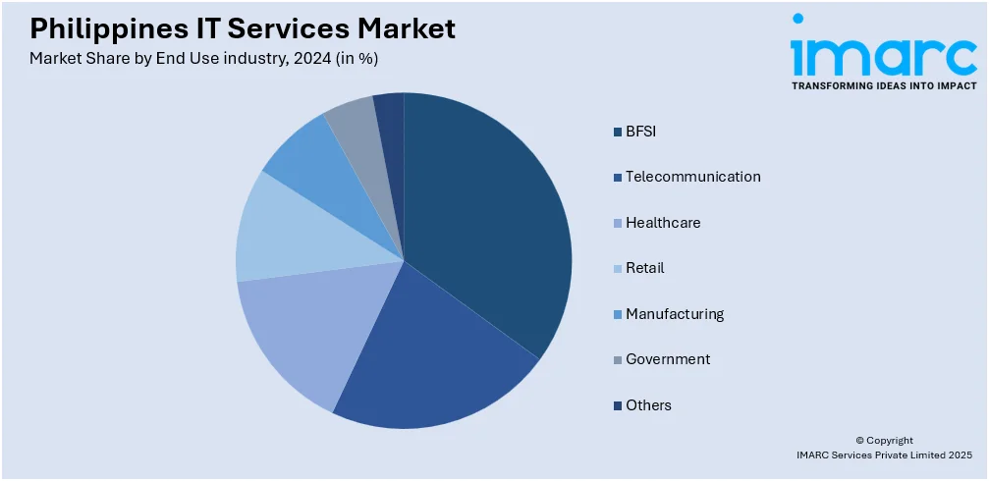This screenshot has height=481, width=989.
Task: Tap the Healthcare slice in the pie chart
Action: [304, 329]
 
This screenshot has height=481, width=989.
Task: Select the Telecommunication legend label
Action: [692, 177]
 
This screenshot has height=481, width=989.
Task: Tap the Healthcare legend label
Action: [663, 223]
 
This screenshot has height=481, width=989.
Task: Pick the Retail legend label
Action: [645, 268]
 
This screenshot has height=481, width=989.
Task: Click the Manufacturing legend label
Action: [675, 314]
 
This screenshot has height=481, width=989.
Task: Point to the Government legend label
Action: [668, 359]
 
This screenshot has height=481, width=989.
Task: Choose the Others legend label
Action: [648, 405]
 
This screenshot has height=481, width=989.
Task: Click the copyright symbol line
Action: [884, 441]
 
